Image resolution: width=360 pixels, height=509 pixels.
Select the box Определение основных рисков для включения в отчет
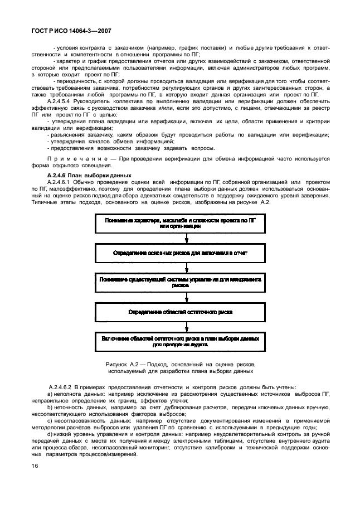[x=179, y=253]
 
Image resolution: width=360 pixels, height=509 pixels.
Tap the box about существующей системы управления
[x=179, y=280]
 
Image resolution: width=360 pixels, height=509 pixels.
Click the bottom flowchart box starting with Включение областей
[x=179, y=341]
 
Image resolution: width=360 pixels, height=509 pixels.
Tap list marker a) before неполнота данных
[x=51, y=394]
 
